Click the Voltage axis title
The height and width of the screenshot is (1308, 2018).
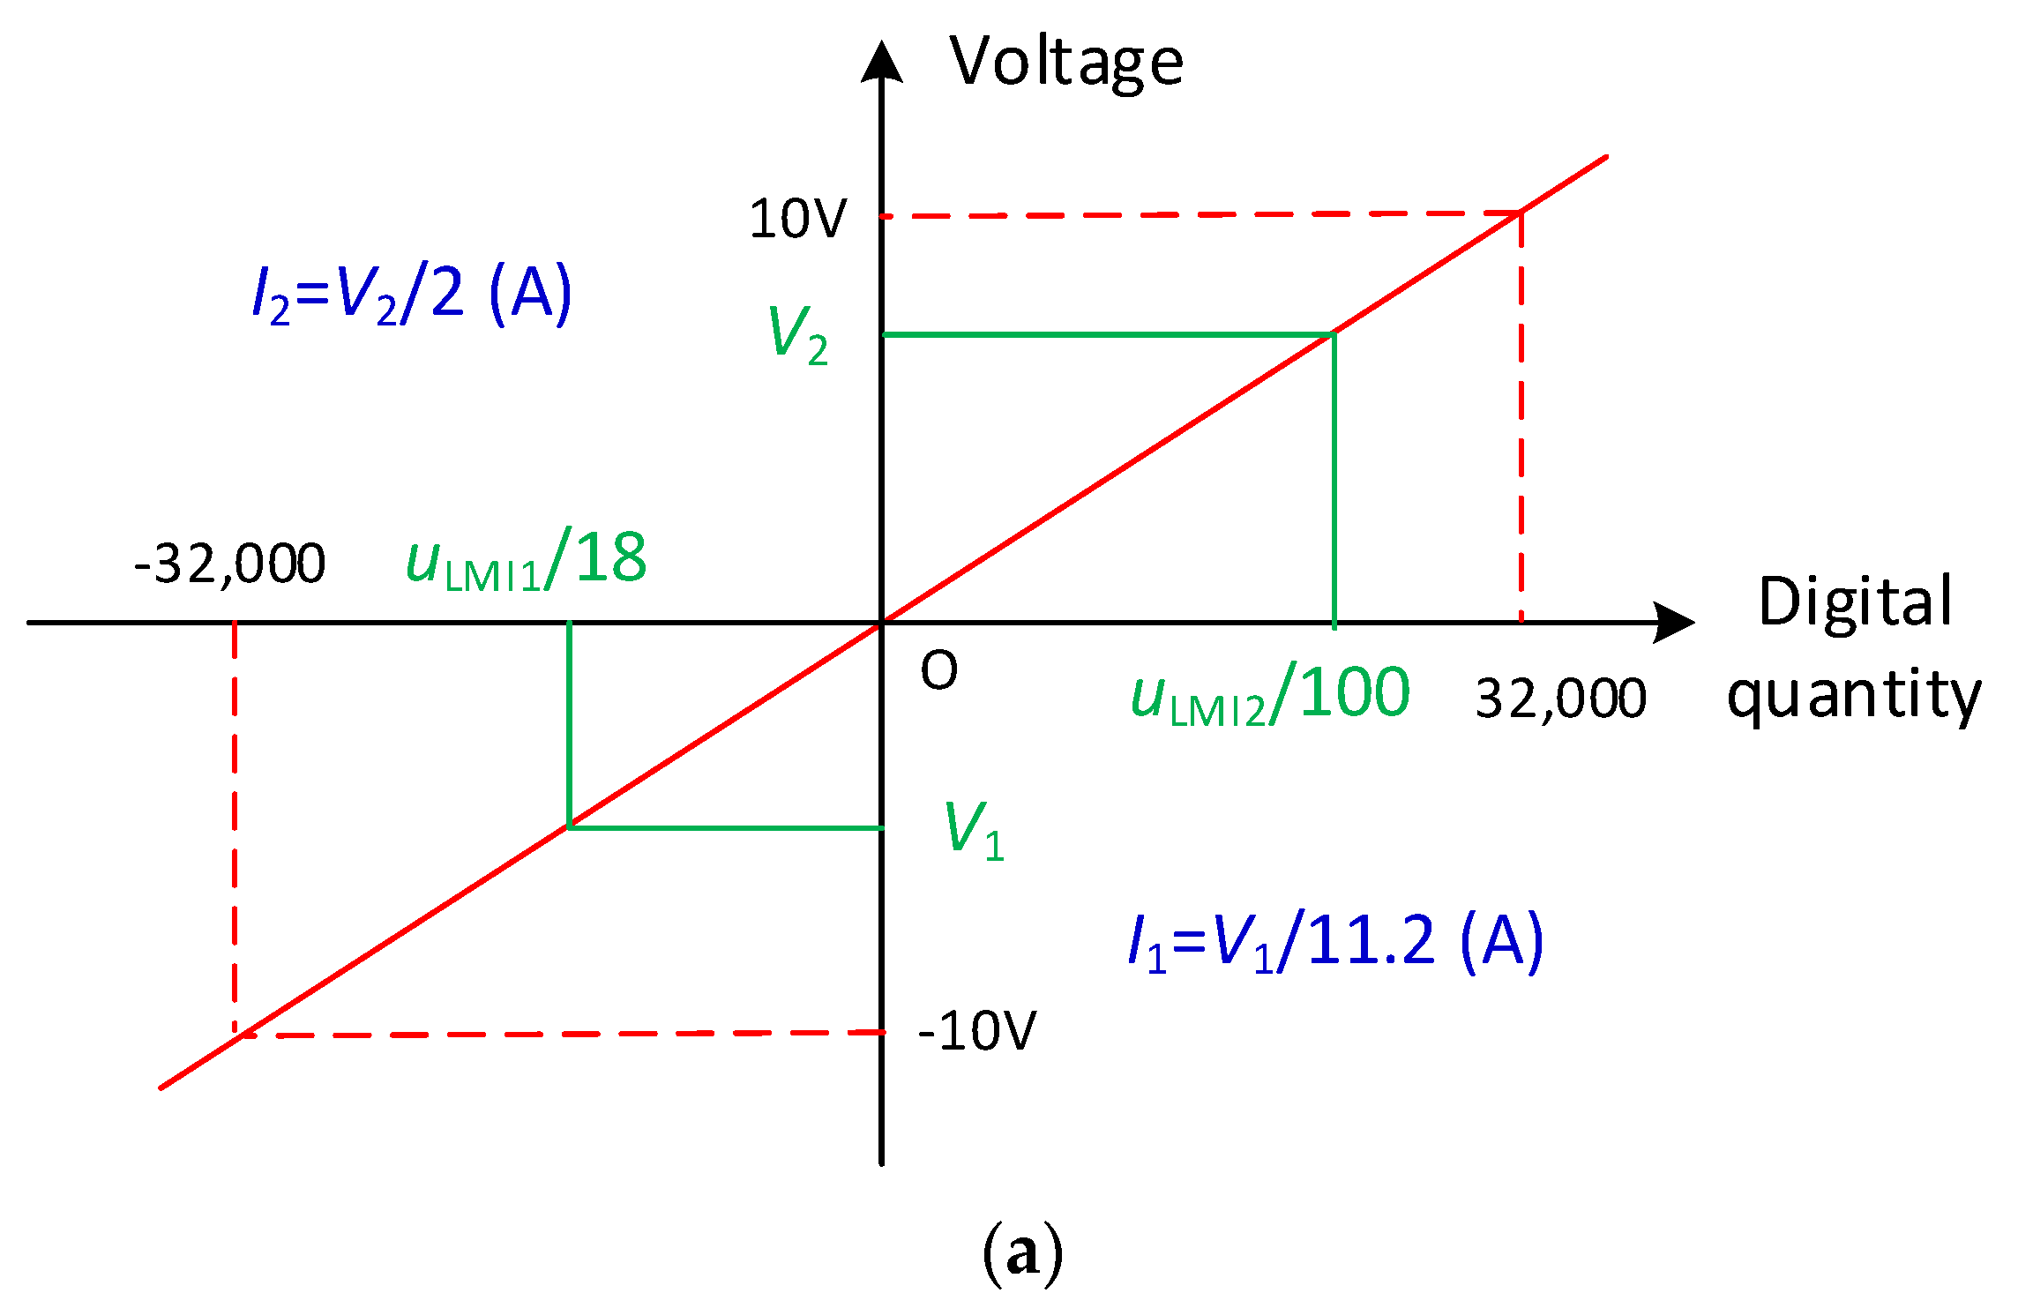coord(1066,64)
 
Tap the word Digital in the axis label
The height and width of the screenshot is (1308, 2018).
coord(1855,602)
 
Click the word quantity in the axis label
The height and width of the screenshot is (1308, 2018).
coord(1853,696)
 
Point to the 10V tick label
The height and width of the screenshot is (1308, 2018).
coord(797,219)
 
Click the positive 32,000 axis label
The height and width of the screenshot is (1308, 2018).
coord(1560,699)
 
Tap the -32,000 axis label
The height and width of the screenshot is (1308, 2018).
coord(229,564)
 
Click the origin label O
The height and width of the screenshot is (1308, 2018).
coord(938,671)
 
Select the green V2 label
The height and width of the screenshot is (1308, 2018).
coord(798,335)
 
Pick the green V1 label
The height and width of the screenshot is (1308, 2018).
coord(974,830)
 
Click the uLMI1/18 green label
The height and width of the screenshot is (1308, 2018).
coord(527,560)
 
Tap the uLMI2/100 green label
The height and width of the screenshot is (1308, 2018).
coord(1270,694)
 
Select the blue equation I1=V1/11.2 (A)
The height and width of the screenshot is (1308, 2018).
coord(1336,942)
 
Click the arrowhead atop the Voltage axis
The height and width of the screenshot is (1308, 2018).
coord(881,62)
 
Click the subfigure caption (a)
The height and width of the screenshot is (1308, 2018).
coord(1022,1253)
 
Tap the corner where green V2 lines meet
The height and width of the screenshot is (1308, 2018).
coord(1334,334)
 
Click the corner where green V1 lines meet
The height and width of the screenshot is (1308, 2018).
coord(570,827)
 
